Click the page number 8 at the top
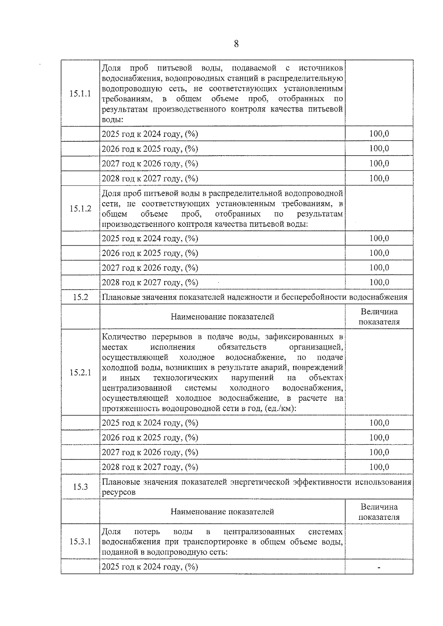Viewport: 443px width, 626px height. (x=236, y=44)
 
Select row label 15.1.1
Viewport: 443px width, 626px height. (x=80, y=94)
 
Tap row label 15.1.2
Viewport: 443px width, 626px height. (x=80, y=209)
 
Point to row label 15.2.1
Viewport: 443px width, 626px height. (x=80, y=373)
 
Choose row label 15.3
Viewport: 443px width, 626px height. (x=80, y=487)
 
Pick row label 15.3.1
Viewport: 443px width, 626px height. (x=80, y=542)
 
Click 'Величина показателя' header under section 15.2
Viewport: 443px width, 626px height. (x=379, y=317)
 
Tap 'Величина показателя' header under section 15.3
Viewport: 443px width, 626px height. (x=379, y=512)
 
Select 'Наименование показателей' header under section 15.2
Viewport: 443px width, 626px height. (x=222, y=317)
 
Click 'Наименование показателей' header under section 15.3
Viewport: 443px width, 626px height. (x=222, y=512)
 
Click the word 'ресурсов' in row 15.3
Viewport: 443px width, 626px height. (x=119, y=492)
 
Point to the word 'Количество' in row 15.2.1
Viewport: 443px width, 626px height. (x=124, y=337)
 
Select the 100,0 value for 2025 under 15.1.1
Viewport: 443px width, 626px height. (x=379, y=134)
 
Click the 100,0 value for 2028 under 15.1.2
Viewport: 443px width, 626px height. (x=379, y=283)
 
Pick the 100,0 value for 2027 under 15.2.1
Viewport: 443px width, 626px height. (x=379, y=452)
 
